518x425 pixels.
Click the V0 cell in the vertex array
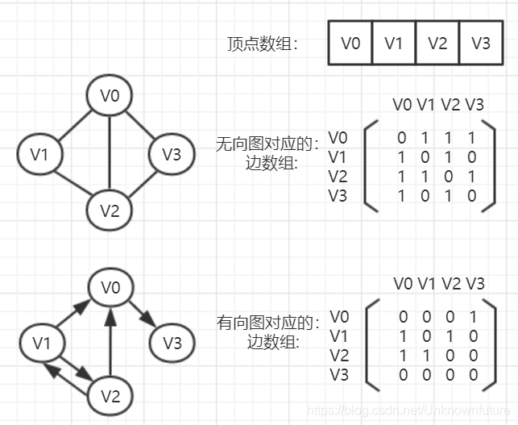[350, 43]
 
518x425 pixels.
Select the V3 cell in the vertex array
[480, 43]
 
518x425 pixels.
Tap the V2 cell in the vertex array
[437, 43]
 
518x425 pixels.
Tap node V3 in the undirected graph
[172, 154]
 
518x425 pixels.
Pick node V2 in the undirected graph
[110, 210]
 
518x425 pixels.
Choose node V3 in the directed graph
[172, 344]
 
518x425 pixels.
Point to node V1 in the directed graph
[40, 344]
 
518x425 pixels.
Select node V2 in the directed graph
[110, 396]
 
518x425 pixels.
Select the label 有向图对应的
[267, 323]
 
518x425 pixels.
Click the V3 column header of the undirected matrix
[474, 105]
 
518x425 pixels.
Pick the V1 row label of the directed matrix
[338, 335]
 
